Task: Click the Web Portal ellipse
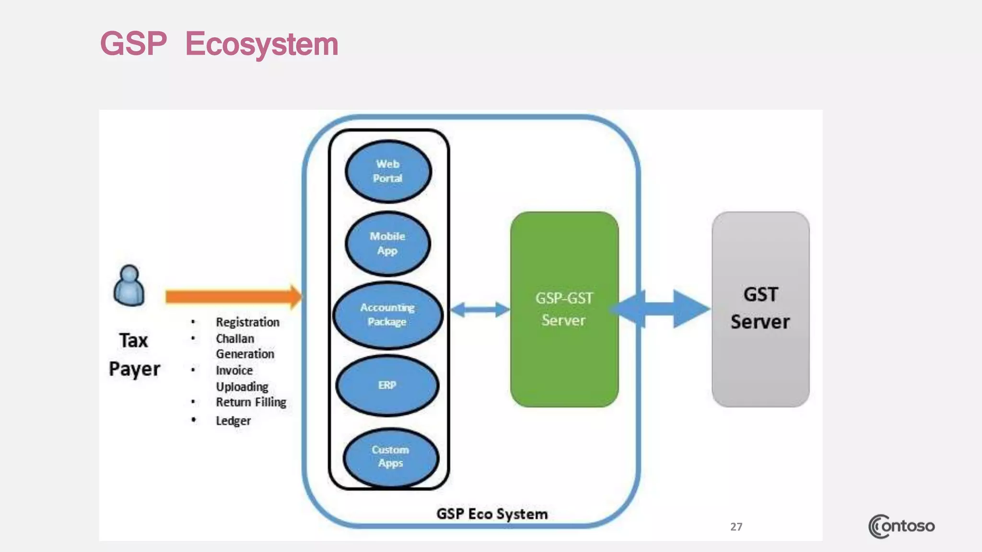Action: pos(388,171)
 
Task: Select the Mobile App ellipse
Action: pos(387,243)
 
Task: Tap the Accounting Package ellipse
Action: pos(387,315)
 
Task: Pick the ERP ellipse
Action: pos(387,385)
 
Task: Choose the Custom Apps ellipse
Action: pos(390,457)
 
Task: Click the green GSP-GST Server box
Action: pos(564,310)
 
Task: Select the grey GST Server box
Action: pos(760,310)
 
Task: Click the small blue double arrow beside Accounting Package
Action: pos(480,310)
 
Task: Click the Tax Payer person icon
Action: pos(129,286)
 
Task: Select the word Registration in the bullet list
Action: pos(247,322)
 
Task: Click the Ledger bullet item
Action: pos(233,421)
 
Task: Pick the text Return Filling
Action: pos(251,402)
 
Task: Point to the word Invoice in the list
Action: pos(234,370)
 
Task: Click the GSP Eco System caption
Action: pos(491,514)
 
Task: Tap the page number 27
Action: pos(736,527)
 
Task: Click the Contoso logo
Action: pos(901,526)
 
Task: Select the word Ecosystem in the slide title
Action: pos(262,44)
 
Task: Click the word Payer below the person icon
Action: pos(134,369)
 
